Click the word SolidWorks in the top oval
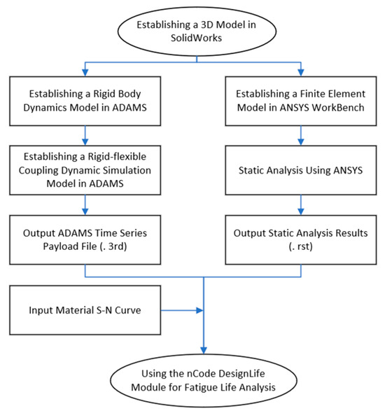click(197, 39)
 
